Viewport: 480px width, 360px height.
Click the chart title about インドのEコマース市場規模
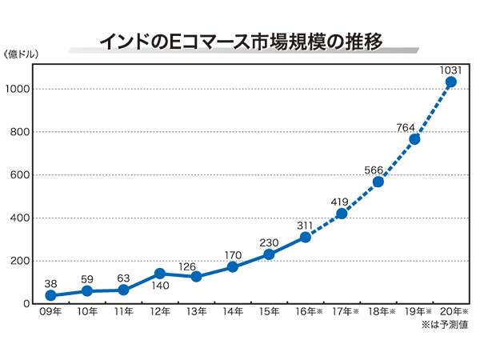[x=240, y=39]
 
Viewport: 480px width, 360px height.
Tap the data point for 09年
[x=51, y=295]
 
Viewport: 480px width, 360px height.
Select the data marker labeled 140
[x=160, y=274]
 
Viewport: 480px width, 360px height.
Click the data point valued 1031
[x=450, y=82]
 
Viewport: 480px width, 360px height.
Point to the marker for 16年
[x=305, y=237]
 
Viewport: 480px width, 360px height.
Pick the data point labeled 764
[x=414, y=139]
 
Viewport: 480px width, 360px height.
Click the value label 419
[x=337, y=201]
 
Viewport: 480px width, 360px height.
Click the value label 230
[x=269, y=242]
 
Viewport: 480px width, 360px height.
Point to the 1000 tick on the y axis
[x=18, y=89]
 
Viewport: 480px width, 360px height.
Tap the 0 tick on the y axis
[x=26, y=304]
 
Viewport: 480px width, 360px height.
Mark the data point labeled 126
[x=196, y=277]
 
